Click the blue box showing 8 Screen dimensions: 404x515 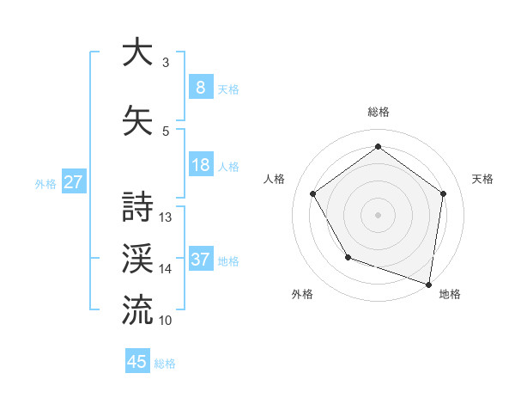pyautogui.click(x=200, y=87)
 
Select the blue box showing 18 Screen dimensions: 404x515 pyautogui.click(x=200, y=165)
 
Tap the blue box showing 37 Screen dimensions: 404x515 pyautogui.click(x=200, y=260)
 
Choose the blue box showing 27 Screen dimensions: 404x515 pyautogui.click(x=74, y=182)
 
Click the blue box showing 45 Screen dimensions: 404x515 pyautogui.click(x=137, y=362)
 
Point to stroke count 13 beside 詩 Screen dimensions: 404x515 pyautogui.click(x=166, y=217)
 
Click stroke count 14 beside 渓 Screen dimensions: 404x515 pyautogui.click(x=166, y=269)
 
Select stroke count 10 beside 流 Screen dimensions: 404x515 pyautogui.click(x=166, y=320)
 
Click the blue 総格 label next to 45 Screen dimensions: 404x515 pyautogui.click(x=165, y=363)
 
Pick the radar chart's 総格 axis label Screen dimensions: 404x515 pyautogui.click(x=378, y=112)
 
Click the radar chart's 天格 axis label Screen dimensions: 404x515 pyautogui.click(x=483, y=179)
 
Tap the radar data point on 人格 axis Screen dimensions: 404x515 pyautogui.click(x=312, y=193)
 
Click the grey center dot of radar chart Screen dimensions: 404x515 pyautogui.click(x=378, y=214)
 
